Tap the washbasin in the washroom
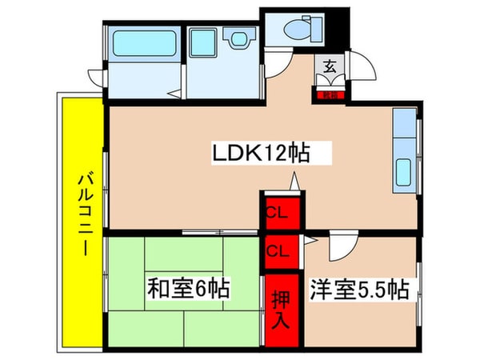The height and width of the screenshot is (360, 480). (236, 39)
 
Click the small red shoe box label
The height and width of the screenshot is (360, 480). (329, 94)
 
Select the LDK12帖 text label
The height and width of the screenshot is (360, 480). (259, 152)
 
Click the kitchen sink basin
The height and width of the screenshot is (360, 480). (404, 171)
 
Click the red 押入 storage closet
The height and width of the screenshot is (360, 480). (279, 309)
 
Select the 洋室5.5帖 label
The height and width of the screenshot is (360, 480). (357, 289)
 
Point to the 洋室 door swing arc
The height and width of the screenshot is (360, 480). (340, 248)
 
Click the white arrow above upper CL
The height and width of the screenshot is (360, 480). (295, 182)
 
